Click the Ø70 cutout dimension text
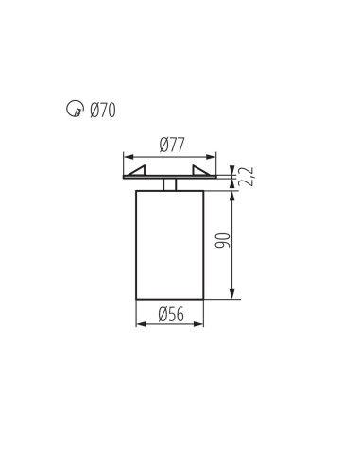(x=103, y=111)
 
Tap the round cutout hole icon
(x=76, y=109)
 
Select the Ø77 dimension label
(x=172, y=145)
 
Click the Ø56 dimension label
(x=171, y=315)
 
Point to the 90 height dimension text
(x=223, y=240)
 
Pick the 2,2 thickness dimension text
(x=246, y=177)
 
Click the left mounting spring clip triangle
(x=137, y=170)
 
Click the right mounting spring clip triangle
(x=201, y=170)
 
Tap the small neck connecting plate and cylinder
(x=170, y=184)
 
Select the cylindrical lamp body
(x=170, y=245)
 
